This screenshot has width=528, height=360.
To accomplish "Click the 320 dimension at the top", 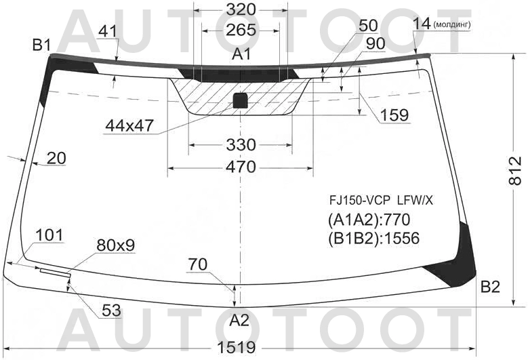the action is pyautogui.click(x=241, y=9).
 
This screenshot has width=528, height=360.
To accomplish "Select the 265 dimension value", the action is pyautogui.click(x=241, y=30).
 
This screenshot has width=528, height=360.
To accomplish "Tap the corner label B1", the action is pyautogui.click(x=41, y=45).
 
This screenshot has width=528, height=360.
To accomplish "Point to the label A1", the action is pyautogui.click(x=241, y=54).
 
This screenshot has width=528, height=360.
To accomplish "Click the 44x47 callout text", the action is pyautogui.click(x=129, y=125).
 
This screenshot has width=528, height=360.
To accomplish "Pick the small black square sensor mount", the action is pyautogui.click(x=240, y=100).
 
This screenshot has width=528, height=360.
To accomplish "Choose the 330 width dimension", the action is pyautogui.click(x=241, y=145).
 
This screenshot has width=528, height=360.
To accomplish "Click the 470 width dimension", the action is pyautogui.click(x=241, y=167).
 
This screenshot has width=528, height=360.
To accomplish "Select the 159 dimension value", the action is pyautogui.click(x=394, y=115).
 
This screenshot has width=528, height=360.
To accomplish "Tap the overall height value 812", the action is pyautogui.click(x=515, y=171).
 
